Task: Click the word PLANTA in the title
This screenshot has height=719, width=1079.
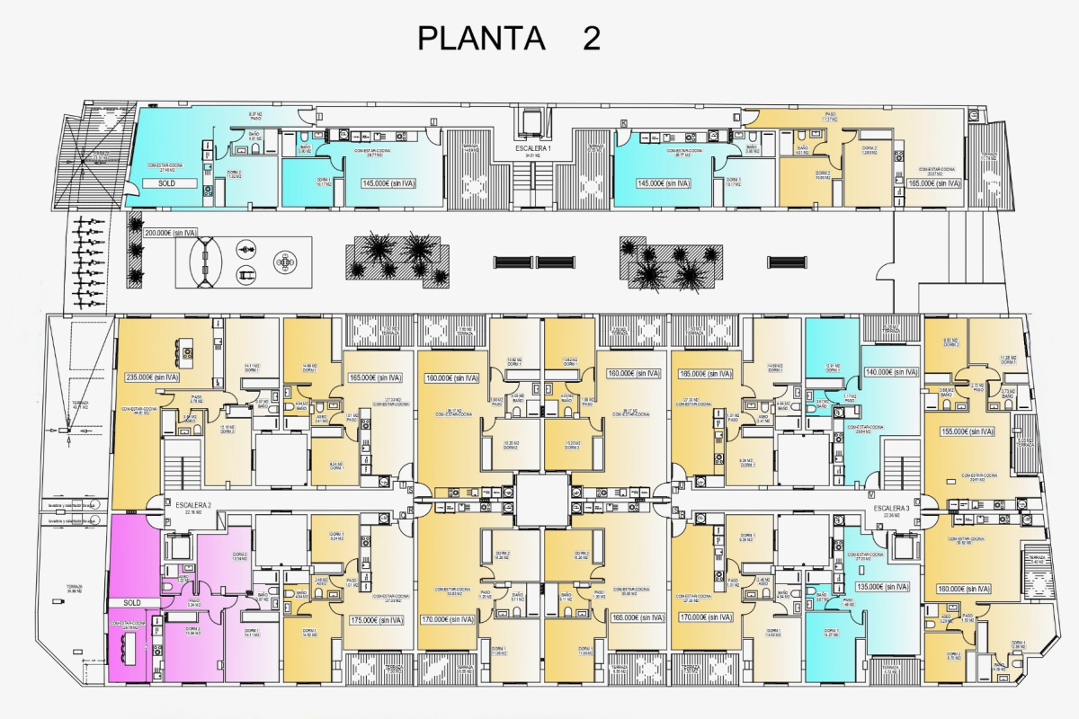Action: tap(482, 39)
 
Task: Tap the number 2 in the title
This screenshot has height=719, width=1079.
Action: tap(591, 39)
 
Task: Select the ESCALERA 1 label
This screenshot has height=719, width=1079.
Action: tap(533, 146)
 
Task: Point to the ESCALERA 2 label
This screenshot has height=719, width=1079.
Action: tap(193, 505)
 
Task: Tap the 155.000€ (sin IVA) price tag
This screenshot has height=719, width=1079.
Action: tap(967, 431)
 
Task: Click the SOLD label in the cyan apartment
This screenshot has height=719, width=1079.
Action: tap(165, 182)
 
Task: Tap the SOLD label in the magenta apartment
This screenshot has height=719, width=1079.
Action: tap(132, 602)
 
